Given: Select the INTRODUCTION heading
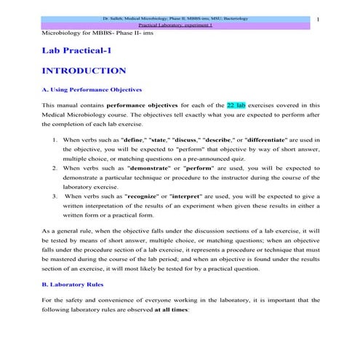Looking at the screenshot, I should pyautogui.click(x=84, y=71).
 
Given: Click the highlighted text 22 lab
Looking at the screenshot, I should pyautogui.click(x=239, y=105).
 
